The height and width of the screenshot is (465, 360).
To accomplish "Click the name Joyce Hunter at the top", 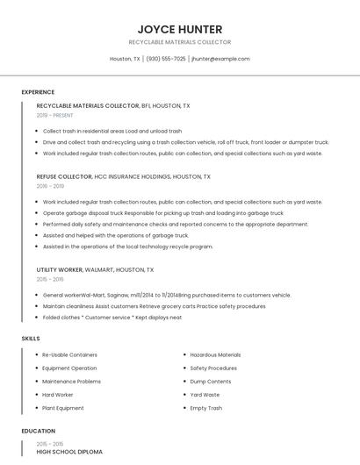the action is pyautogui.click(x=179, y=29).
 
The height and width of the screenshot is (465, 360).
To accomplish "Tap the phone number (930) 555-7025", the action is pyautogui.click(x=166, y=59).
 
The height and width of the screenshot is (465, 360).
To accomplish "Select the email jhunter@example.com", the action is pyautogui.click(x=220, y=59).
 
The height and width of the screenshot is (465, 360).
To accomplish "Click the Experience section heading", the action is pyautogui.click(x=38, y=92).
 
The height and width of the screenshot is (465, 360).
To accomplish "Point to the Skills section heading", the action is pyautogui.click(x=31, y=338).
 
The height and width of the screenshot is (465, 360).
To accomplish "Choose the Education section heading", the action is pyautogui.click(x=38, y=431).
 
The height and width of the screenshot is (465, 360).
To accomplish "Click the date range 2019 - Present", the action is pyautogui.click(x=54, y=115).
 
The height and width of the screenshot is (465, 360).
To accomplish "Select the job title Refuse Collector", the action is pyautogui.click(x=64, y=176).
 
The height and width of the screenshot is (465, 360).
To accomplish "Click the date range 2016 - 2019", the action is pyautogui.click(x=50, y=186).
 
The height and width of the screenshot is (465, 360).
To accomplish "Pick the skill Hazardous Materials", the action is pyautogui.click(x=215, y=354).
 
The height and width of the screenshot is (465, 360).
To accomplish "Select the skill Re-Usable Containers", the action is pyautogui.click(x=69, y=354).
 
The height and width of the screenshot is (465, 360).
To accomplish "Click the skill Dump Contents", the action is pyautogui.click(x=211, y=382).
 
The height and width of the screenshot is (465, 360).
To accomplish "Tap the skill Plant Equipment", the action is pyautogui.click(x=63, y=408).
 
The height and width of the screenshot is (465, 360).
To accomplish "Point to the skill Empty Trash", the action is pyautogui.click(x=206, y=408).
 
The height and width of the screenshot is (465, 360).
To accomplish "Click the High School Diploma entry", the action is pyautogui.click(x=69, y=452).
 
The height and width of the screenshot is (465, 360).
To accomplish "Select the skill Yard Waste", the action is pyautogui.click(x=205, y=395).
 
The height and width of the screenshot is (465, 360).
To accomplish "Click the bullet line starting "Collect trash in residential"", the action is pyautogui.click(x=112, y=131).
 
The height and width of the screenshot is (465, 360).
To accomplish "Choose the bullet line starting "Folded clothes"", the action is pyautogui.click(x=112, y=318).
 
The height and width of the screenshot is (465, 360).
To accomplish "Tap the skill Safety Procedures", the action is pyautogui.click(x=213, y=368).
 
